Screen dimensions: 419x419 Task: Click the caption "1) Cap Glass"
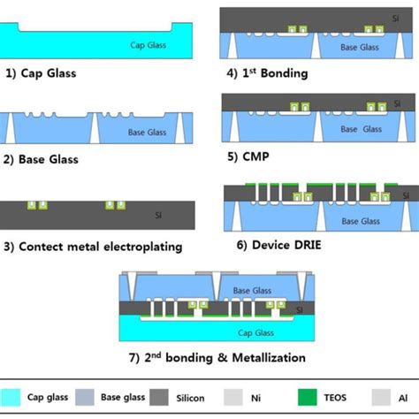[43, 73]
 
